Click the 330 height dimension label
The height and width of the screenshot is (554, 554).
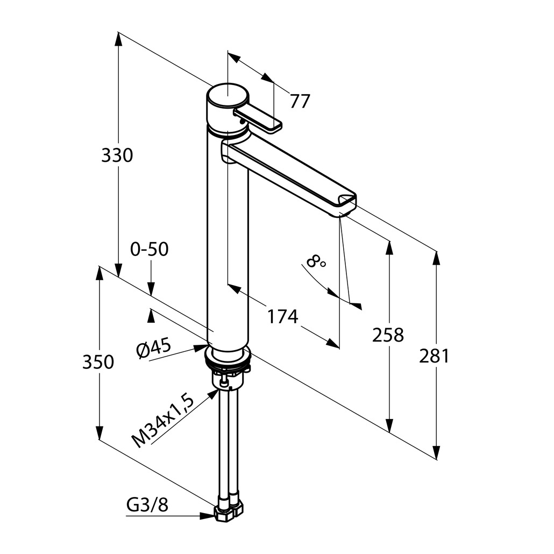click(x=117, y=155)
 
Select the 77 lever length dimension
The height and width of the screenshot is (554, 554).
click(x=300, y=101)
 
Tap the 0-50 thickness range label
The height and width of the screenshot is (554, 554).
click(x=150, y=249)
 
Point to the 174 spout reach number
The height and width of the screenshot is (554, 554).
click(x=282, y=316)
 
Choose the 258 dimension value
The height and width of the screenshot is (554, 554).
click(x=388, y=335)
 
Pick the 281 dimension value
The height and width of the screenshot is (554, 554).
click(x=434, y=356)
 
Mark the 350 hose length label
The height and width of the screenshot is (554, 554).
click(x=98, y=362)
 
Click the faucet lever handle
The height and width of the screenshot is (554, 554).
click(x=258, y=119)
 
